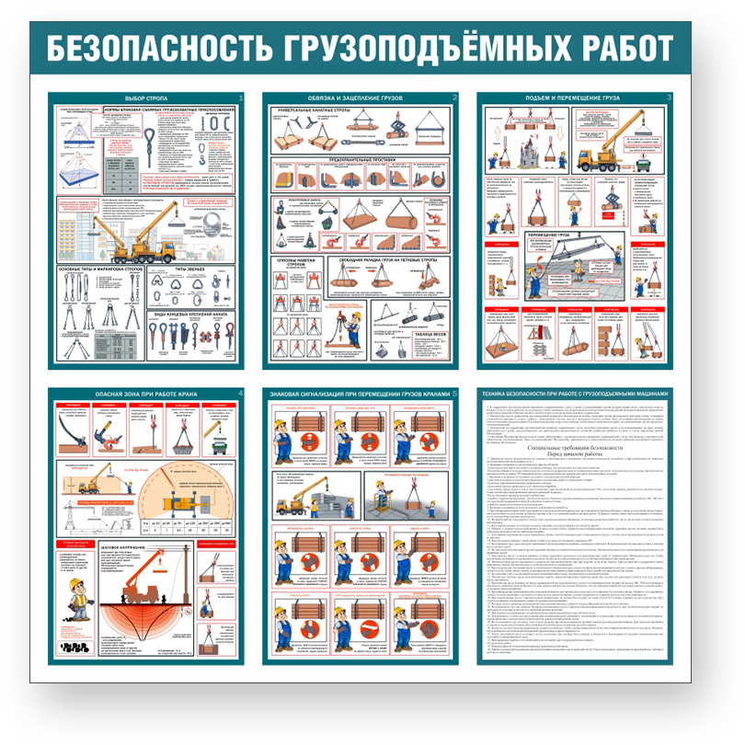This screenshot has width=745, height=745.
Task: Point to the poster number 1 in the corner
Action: pyautogui.click(x=240, y=97)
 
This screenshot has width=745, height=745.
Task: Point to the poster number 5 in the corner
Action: pyautogui.click(x=454, y=395)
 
